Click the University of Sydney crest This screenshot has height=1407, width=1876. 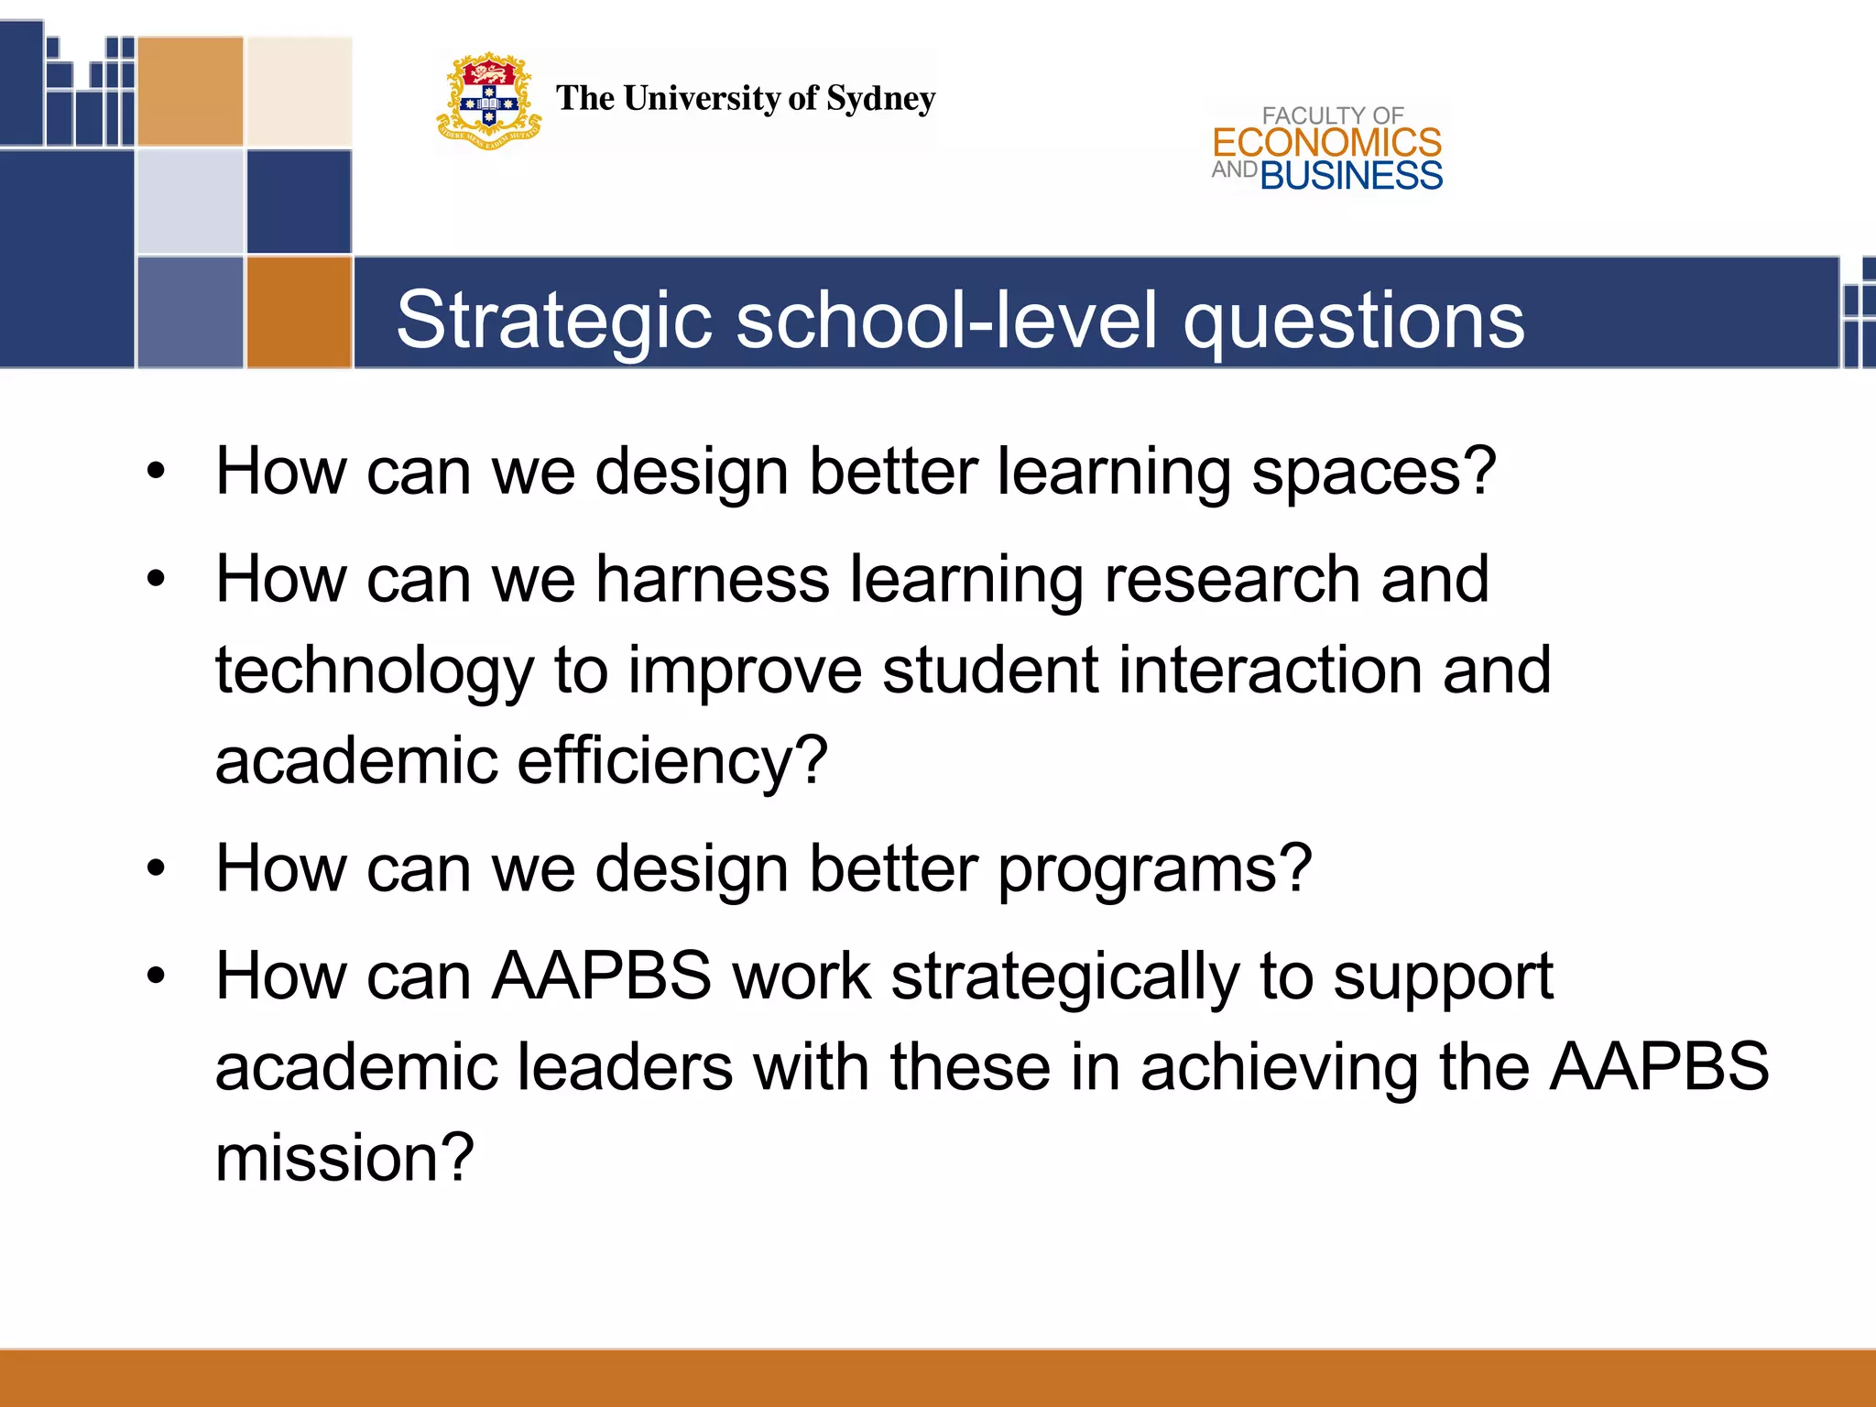coord(488,100)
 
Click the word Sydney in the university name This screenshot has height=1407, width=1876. coord(880,98)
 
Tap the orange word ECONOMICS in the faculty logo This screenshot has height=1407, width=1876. coord(1326,143)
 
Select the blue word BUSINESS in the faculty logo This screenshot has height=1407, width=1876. coord(1351,176)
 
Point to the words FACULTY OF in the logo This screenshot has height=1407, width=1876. coord(1332,115)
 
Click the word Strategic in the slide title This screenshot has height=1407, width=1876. coord(554,321)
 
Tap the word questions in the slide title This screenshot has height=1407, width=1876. coord(1353,321)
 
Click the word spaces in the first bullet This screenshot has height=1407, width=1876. coord(1372,472)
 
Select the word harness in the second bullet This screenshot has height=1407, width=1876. coord(712,579)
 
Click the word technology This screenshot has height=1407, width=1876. coord(374,671)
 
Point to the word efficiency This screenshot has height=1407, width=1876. coord(671,760)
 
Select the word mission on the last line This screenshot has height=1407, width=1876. coord(344,1158)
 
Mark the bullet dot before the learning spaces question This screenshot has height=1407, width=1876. coord(157,472)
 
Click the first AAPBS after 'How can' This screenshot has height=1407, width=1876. coord(602,976)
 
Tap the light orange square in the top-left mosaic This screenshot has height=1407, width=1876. coord(191,91)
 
